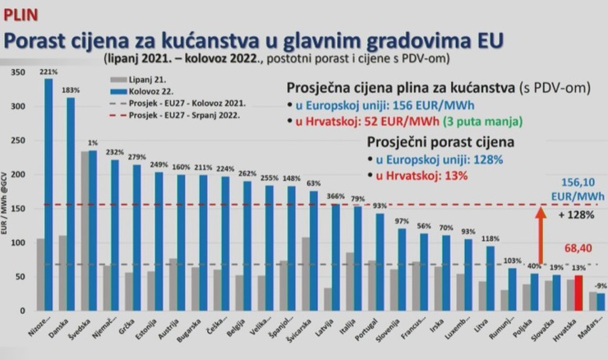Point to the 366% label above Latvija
[334, 196]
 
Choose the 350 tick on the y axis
[15, 74]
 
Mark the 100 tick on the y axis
[15, 243]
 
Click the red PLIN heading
[20, 14]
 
